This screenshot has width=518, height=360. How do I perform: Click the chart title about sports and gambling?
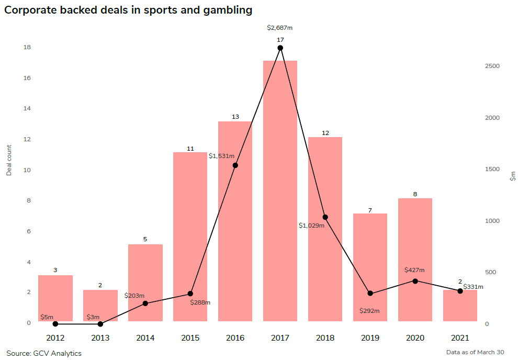(128, 10)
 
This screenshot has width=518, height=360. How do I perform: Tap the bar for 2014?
(145, 283)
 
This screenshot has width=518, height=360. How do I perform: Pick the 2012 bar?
(55, 298)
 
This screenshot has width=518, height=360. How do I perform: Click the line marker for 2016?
(235, 165)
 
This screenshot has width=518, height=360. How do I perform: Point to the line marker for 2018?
(325, 217)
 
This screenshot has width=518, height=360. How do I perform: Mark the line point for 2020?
(415, 281)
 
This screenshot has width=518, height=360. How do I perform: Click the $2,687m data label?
(280, 28)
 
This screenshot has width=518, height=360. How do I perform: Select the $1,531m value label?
(221, 156)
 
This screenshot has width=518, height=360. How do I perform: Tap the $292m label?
(369, 311)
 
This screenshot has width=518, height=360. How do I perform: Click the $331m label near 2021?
(473, 287)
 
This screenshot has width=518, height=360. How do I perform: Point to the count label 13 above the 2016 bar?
(235, 117)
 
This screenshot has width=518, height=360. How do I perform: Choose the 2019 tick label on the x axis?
(370, 338)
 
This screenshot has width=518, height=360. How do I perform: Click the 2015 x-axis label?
(190, 338)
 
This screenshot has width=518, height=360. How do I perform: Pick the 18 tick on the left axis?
(27, 48)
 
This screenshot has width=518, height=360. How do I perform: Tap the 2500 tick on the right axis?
(493, 66)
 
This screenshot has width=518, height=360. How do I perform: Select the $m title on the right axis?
(513, 176)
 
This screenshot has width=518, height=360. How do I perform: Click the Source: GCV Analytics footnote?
(44, 354)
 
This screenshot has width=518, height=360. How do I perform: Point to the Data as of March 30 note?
(475, 353)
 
